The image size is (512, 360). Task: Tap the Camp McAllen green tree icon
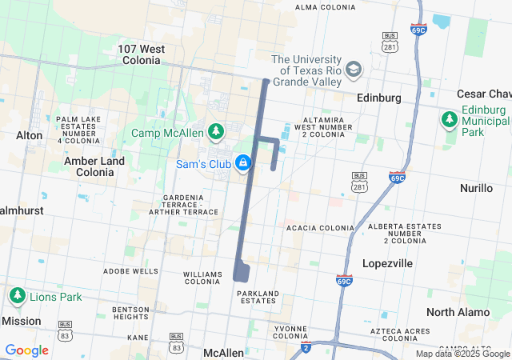coord(215,131)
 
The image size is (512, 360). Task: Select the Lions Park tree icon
coord(17,296)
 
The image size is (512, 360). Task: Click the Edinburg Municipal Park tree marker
coord(449,120)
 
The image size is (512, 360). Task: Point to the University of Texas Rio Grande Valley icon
coord(354,70)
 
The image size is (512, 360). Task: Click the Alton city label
coord(30,135)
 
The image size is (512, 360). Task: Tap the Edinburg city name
coord(379,98)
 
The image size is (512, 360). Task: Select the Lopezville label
coord(387,263)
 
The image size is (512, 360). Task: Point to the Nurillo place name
coord(477,188)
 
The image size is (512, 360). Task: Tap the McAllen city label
coord(223,353)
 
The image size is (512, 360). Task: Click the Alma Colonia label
coord(325,7)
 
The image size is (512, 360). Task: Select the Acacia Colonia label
coord(320,228)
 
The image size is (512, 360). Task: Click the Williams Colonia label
coord(202,278)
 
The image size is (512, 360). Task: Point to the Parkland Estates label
coord(258,297)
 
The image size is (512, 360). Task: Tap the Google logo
coord(26,350)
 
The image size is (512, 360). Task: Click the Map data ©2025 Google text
coord(463,354)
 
